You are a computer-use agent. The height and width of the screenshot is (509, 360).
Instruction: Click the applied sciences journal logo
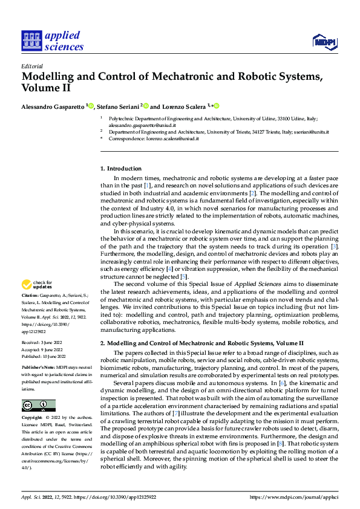point(52,41)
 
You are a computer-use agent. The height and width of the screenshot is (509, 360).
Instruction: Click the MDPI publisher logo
point(323,41)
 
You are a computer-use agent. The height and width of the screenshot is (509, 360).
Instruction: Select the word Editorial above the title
point(31,66)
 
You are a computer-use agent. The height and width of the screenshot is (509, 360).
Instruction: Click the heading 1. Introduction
point(121,168)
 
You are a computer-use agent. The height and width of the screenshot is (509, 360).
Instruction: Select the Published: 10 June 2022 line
point(46,355)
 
